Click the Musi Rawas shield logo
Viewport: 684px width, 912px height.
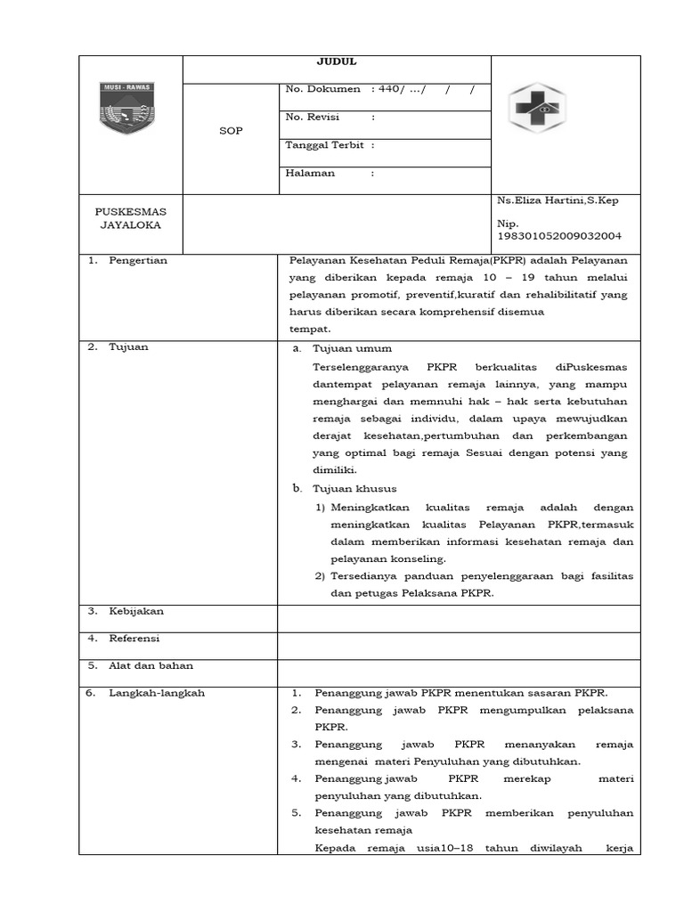[126, 108]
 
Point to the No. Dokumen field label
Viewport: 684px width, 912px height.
[322, 89]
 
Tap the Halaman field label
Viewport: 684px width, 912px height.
[309, 173]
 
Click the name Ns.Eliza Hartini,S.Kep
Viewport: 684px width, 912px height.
[558, 200]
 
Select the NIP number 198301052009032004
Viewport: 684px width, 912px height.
[559, 236]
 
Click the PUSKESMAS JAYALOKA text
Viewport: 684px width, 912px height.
[131, 218]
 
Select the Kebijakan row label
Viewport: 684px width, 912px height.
[136, 611]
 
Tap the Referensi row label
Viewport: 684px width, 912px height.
[134, 639]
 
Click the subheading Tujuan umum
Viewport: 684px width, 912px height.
[352, 348]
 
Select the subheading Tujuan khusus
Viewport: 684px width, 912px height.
[354, 489]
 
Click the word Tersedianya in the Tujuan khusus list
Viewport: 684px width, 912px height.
[364, 576]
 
